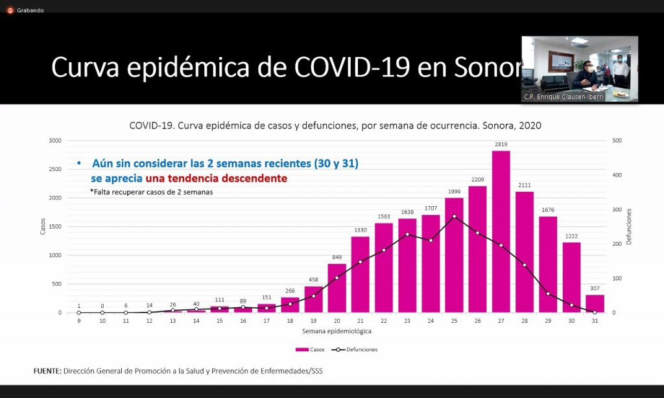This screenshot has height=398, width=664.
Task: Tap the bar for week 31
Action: tap(595, 303)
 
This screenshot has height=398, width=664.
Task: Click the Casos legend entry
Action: tap(309, 349)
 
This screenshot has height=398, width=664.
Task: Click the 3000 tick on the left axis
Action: tap(55, 141)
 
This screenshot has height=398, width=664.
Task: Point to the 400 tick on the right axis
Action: tap(617, 175)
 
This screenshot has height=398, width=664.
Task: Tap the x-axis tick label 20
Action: tap(337, 320)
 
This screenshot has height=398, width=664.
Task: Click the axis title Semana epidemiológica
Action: tap(337, 331)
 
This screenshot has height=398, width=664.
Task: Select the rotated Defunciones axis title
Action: tap(629, 226)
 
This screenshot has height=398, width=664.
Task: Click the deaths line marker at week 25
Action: tap(454, 217)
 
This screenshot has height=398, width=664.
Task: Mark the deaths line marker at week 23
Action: tap(407, 234)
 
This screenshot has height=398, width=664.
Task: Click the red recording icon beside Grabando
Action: tap(10, 10)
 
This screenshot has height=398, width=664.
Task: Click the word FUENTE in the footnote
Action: tap(47, 370)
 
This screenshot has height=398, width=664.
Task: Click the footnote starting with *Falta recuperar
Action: tap(151, 192)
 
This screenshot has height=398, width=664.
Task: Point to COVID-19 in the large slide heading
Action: tap(351, 67)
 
